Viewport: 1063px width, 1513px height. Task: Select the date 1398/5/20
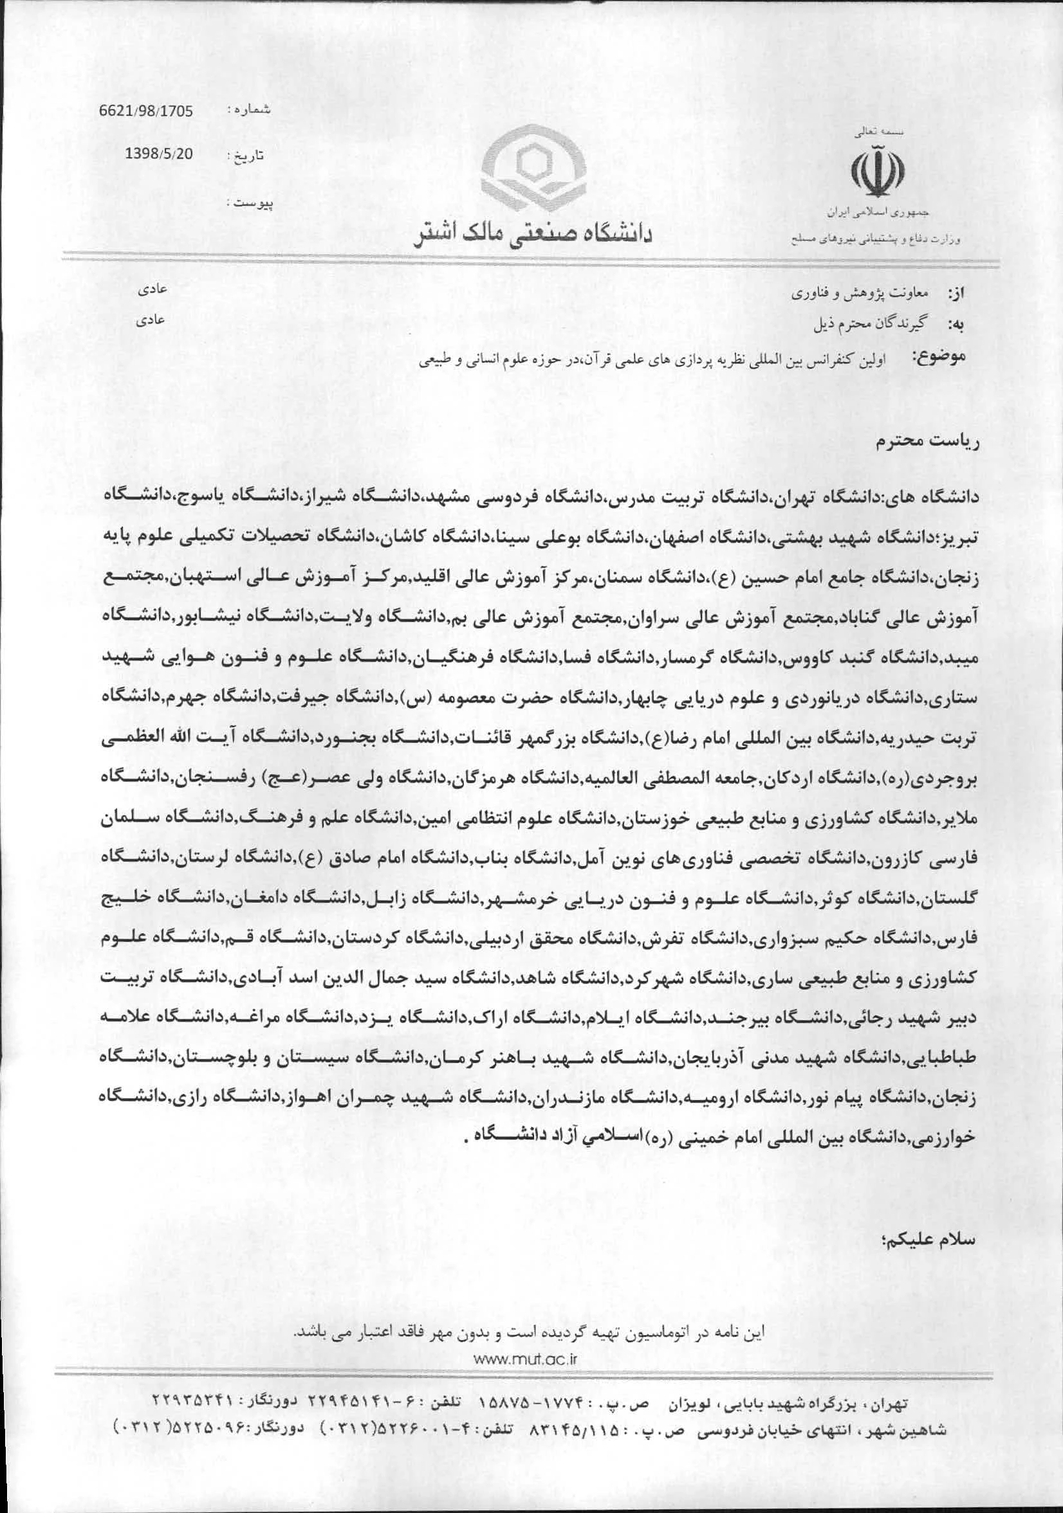point(159,154)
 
